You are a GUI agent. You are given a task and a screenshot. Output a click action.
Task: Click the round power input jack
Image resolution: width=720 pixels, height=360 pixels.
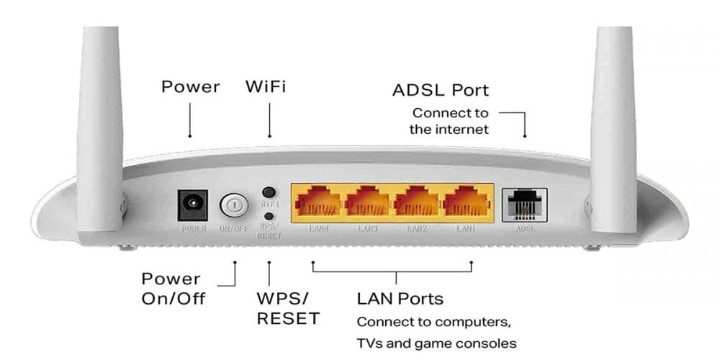click(192, 206)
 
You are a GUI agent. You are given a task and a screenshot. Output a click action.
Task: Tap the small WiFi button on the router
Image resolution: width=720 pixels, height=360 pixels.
click(269, 193)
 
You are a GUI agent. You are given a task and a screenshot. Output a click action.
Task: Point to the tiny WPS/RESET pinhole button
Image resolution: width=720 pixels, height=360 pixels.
click(269, 216)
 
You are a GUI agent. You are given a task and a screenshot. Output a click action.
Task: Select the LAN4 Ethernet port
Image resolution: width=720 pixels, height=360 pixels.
click(315, 202)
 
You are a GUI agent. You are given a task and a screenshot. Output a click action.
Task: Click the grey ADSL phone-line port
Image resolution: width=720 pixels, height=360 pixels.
click(525, 204)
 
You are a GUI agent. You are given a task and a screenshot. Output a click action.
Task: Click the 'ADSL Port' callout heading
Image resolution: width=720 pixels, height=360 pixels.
click(441, 91)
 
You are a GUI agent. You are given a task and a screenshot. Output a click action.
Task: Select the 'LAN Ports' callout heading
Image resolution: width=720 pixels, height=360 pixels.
click(400, 298)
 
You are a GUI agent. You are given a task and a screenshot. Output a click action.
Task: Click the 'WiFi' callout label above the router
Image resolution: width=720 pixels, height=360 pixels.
click(266, 88)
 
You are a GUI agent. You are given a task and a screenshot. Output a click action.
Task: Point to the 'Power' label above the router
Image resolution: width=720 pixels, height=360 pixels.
click(190, 88)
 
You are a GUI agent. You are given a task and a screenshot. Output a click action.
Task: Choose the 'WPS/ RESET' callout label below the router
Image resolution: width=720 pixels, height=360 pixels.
click(288, 307)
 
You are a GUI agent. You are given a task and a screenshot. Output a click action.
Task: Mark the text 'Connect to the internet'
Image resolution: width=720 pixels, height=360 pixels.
click(450, 121)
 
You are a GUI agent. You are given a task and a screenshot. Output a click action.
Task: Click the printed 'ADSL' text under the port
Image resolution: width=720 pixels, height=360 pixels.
click(526, 229)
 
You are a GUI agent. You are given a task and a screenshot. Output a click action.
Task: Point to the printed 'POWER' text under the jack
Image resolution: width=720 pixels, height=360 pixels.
click(192, 229)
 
